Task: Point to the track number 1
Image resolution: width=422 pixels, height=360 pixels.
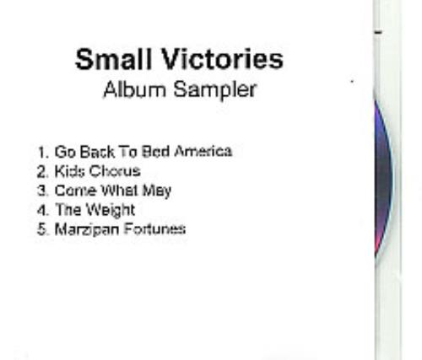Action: point(41,153)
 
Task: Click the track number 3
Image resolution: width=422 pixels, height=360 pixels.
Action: point(41,191)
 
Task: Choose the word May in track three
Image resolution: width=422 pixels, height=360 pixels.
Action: point(156,191)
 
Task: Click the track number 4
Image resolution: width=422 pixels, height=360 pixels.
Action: point(41,210)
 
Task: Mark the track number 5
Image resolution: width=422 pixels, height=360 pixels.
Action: point(41,228)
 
